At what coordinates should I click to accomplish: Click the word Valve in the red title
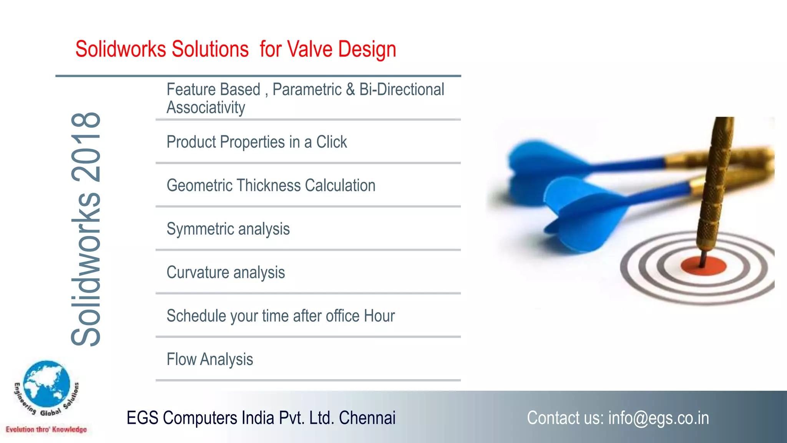tap(309, 50)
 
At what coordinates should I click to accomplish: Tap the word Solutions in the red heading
tap(210, 50)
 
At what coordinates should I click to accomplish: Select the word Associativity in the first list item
tap(206, 108)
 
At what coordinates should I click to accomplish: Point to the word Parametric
tap(307, 90)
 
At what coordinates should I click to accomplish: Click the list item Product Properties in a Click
tap(256, 142)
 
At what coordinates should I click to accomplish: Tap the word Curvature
tap(198, 273)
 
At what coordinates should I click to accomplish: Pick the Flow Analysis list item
tap(209, 360)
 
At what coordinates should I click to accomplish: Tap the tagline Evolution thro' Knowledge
tap(46, 430)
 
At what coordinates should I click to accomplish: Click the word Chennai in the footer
tap(367, 418)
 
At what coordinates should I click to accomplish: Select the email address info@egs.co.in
tap(658, 418)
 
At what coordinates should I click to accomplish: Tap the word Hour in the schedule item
tap(379, 316)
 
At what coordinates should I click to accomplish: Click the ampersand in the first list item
tap(350, 90)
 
